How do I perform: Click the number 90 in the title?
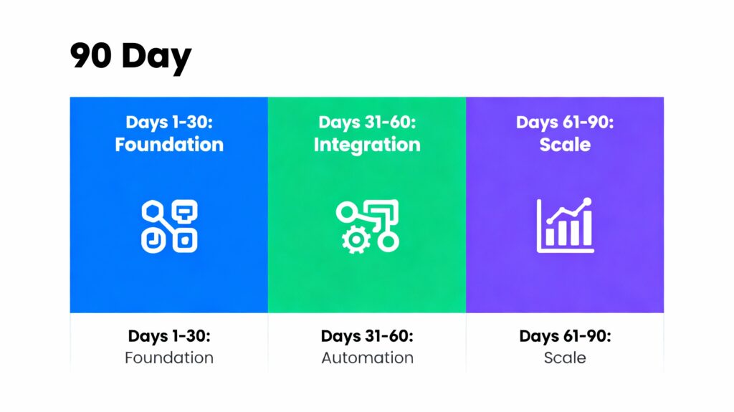pos(91,56)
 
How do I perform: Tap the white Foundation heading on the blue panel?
pos(169,145)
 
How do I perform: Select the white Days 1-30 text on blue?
pos(169,123)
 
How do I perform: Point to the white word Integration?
pos(367,145)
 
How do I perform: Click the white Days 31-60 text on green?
pos(367,123)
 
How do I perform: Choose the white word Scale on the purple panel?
pos(565,145)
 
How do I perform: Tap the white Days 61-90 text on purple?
pos(565,123)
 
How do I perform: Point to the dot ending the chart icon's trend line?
pos(587,203)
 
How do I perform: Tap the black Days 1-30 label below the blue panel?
pos(169,336)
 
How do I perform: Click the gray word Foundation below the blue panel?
pos(169,358)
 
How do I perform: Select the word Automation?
pos(367,358)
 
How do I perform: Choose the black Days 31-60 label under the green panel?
pos(367,336)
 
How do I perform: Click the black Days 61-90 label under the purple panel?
pos(565,336)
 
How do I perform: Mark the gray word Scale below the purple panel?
pos(565,358)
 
